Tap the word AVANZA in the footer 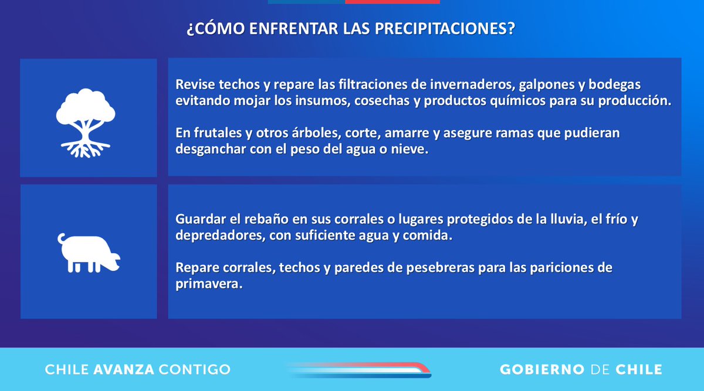pos(124,370)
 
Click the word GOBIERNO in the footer pos(542,370)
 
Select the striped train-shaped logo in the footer pos(358,369)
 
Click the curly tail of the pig pos(62,239)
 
